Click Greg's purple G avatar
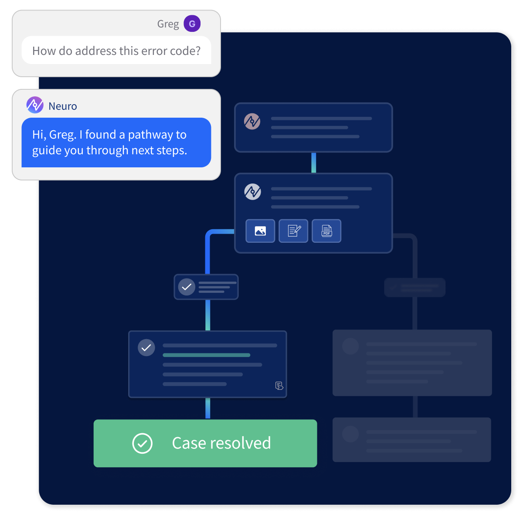[x=192, y=24]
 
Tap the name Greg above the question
[x=168, y=24]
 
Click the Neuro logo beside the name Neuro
[x=35, y=105]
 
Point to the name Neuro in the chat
[x=63, y=106]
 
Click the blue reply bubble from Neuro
[x=116, y=143]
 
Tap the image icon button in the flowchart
[x=260, y=231]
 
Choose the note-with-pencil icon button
[x=293, y=231]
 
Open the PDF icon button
[x=326, y=231]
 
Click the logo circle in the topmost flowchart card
[x=252, y=122]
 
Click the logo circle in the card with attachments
[x=252, y=191]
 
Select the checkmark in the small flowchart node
[x=187, y=287]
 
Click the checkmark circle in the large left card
[x=146, y=347]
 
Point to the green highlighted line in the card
[x=206, y=355]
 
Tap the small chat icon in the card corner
[x=279, y=386]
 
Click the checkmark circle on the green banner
[x=142, y=443]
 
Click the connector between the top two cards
[x=313, y=163]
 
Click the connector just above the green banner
[x=207, y=408]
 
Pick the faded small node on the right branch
[x=414, y=288]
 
